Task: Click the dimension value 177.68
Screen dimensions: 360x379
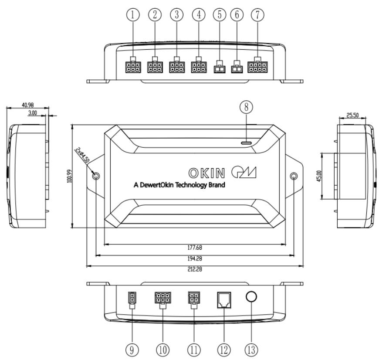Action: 195,248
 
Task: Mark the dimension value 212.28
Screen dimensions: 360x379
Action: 195,269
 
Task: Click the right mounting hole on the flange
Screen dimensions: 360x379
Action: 294,176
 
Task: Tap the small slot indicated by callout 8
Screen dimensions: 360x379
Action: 247,142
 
